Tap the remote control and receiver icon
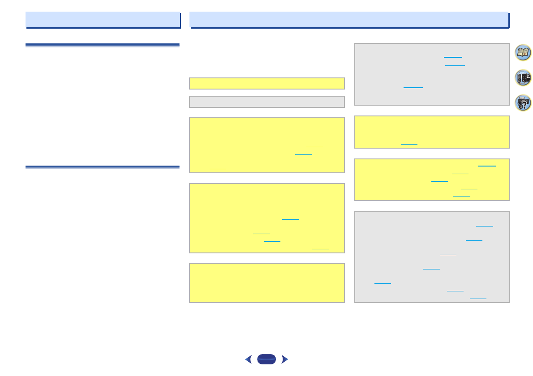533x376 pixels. pyautogui.click(x=523, y=77)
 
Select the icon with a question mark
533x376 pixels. pyautogui.click(x=523, y=103)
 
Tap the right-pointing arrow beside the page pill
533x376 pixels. pyautogui.click(x=284, y=359)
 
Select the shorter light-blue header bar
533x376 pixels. pyautogui.click(x=103, y=20)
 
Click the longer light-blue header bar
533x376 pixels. pyautogui.click(x=349, y=20)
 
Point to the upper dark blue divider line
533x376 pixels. pyautogui.click(x=103, y=45)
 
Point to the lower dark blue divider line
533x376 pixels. pyautogui.click(x=103, y=167)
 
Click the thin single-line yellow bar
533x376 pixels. pyautogui.click(x=267, y=84)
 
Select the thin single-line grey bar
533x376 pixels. pyautogui.click(x=267, y=102)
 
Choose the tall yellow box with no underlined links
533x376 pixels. pyautogui.click(x=267, y=283)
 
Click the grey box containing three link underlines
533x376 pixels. pyautogui.click(x=432, y=74)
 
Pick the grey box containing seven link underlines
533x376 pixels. pyautogui.click(x=432, y=257)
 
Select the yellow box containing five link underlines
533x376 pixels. pyautogui.click(x=432, y=179)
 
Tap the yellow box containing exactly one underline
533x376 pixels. pyautogui.click(x=432, y=132)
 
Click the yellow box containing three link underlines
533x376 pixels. pyautogui.click(x=267, y=145)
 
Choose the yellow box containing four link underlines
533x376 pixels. pyautogui.click(x=267, y=218)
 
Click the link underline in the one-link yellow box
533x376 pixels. pyautogui.click(x=409, y=144)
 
